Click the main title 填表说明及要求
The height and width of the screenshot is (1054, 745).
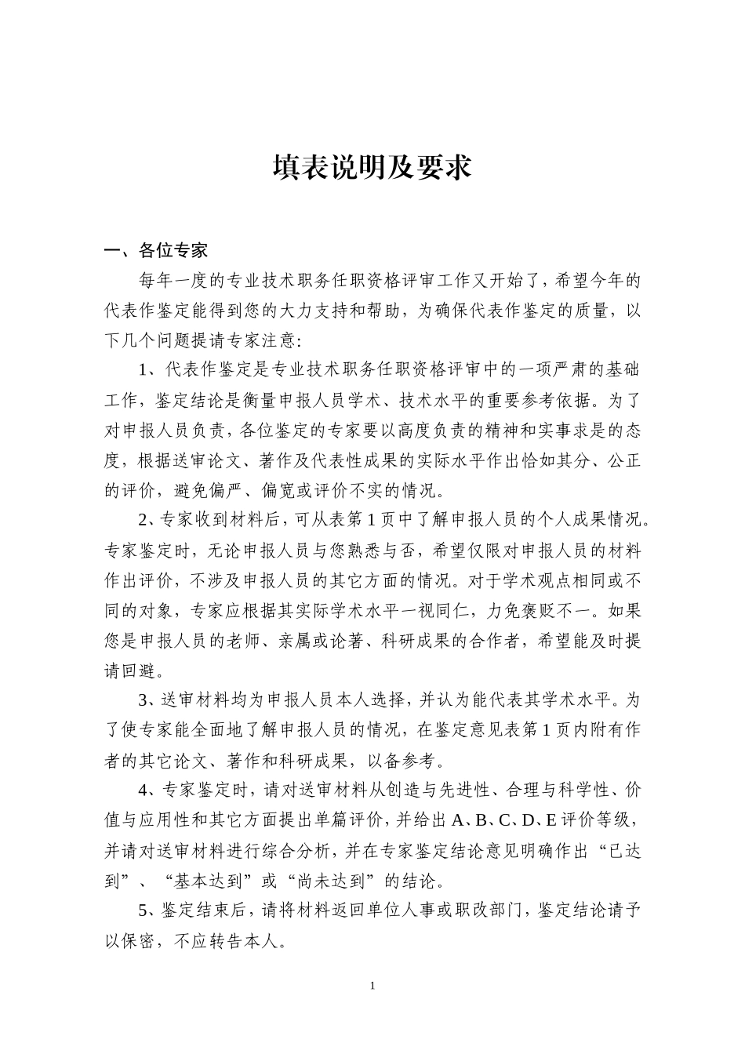click(x=372, y=167)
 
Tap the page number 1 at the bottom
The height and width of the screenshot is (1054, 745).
click(x=372, y=985)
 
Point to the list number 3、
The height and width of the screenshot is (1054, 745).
click(x=149, y=700)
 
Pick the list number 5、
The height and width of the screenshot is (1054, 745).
click(x=149, y=910)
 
